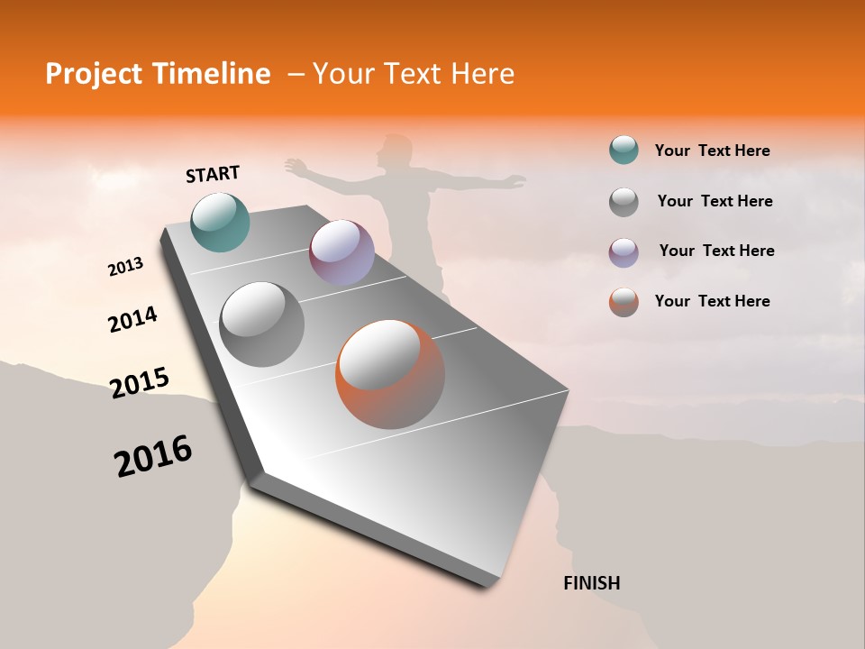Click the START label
pyautogui.click(x=213, y=174)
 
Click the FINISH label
pyautogui.click(x=591, y=583)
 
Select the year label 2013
pyautogui.click(x=125, y=267)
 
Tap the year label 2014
pyautogui.click(x=132, y=320)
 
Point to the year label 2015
pyautogui.click(x=140, y=382)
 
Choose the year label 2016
pyautogui.click(x=153, y=455)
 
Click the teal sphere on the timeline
pyautogui.click(x=220, y=222)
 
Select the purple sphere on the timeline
pyautogui.click(x=341, y=252)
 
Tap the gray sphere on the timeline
pyautogui.click(x=261, y=324)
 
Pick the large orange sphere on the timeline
pyautogui.click(x=390, y=374)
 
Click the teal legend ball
pyautogui.click(x=624, y=150)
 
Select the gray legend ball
pyautogui.click(x=624, y=201)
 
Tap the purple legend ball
pyautogui.click(x=624, y=251)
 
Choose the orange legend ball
pyautogui.click(x=624, y=302)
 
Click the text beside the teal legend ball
pyautogui.click(x=712, y=151)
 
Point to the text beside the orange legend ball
pyautogui.click(x=712, y=301)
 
